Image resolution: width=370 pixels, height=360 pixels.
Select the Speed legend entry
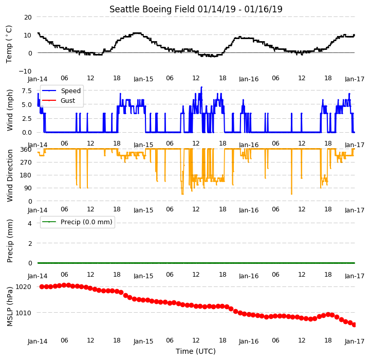point(61,91)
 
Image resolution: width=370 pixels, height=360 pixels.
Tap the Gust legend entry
point(59,101)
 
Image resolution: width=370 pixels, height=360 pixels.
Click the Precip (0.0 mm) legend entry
point(77,222)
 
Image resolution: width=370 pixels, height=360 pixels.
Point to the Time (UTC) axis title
point(196,351)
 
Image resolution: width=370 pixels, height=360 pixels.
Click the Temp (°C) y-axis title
point(9,44)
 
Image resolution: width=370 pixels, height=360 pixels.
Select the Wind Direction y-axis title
point(10,175)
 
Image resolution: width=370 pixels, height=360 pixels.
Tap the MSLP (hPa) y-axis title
point(10,307)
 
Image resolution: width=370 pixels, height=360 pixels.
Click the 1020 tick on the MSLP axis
point(23,287)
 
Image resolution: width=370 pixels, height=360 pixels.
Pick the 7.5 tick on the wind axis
point(27,91)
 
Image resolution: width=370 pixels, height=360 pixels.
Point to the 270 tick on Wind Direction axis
point(26,163)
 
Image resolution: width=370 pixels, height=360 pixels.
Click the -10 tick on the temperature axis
point(25,71)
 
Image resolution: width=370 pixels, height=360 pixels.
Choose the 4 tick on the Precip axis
point(30,223)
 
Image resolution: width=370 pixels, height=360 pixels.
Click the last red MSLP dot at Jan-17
point(354,325)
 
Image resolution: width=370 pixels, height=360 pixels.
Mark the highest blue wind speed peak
point(201,87)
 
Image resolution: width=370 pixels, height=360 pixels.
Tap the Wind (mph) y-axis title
point(10,110)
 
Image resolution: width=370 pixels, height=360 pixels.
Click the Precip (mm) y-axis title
point(10,241)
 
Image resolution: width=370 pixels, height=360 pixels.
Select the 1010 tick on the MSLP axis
point(23,313)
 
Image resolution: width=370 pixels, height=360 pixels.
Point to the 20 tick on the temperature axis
point(28,17)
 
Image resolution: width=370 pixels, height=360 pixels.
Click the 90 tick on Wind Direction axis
point(28,188)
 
